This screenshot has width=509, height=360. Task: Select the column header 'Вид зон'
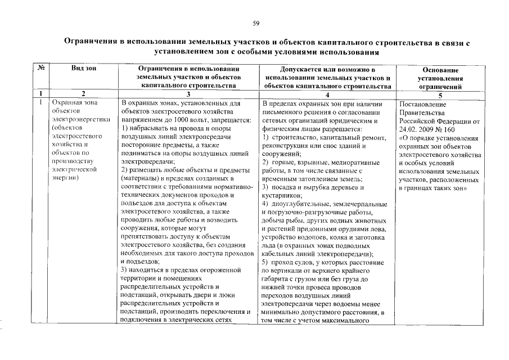83,68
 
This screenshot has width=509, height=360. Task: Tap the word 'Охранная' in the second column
67,103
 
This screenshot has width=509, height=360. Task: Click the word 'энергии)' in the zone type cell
65,178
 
